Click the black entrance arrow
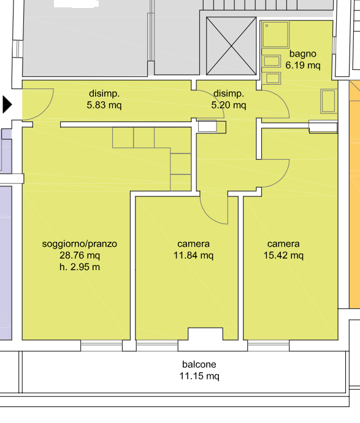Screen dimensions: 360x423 7,104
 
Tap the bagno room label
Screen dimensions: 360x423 302,54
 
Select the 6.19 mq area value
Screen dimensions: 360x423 303,66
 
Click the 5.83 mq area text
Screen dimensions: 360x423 104,105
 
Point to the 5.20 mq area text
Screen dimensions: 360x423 229,105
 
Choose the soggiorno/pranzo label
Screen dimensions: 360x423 80,244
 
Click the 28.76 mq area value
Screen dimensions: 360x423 80,255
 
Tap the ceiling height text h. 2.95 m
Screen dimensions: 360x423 80,267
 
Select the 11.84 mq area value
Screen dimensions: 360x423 193,255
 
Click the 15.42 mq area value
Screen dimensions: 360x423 283,255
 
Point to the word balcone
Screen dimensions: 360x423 199,365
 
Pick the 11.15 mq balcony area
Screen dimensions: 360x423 199,376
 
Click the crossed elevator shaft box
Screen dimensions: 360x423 231,46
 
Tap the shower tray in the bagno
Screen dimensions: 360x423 275,34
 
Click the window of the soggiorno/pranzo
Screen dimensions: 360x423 102,346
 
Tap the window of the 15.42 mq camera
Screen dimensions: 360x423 269,346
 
